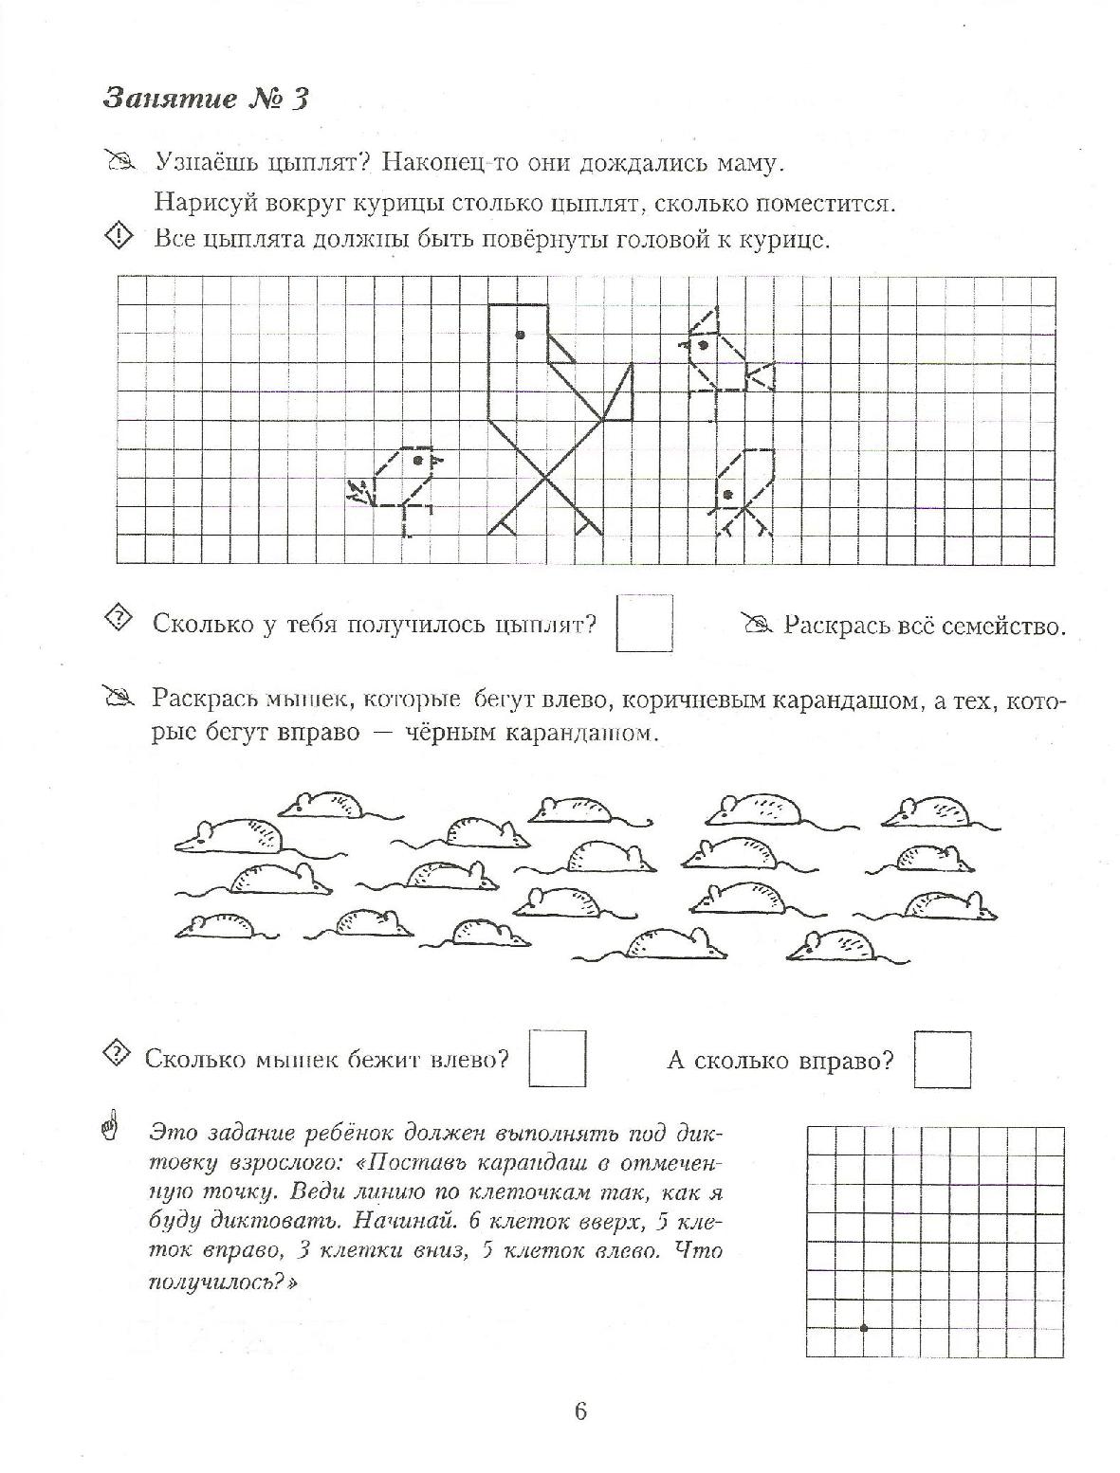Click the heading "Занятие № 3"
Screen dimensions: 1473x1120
(206, 99)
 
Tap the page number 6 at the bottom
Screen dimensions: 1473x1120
(580, 1410)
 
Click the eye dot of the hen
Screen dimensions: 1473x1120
(520, 334)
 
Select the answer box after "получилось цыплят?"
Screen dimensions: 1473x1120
(644, 623)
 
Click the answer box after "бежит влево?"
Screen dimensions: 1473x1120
(557, 1059)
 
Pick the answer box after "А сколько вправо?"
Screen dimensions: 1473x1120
(942, 1060)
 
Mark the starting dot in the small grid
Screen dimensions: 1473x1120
(863, 1328)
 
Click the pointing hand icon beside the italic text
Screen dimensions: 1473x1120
(112, 1129)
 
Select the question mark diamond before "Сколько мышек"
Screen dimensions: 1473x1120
(116, 1053)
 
